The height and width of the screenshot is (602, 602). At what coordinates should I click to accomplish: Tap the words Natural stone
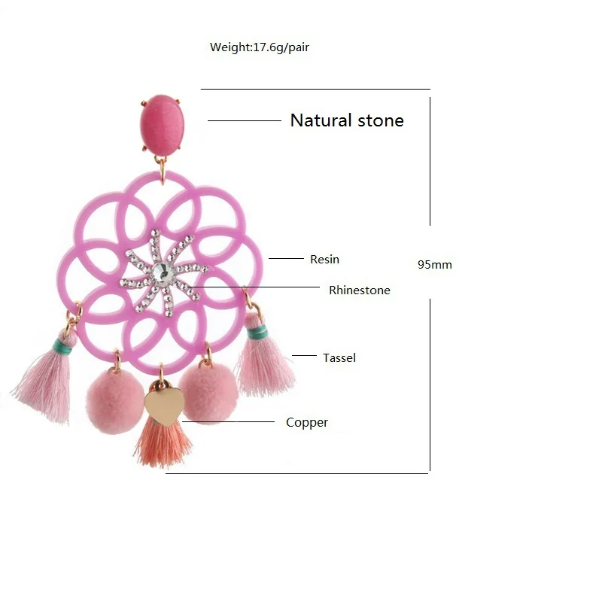tap(347, 120)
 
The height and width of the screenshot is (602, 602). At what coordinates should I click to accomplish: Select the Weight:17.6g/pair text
tap(260, 47)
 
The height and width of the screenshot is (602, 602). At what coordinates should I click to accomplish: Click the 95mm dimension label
tap(435, 265)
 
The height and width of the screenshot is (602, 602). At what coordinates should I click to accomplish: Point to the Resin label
tap(324, 260)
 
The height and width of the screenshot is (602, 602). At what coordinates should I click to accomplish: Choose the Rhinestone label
tap(360, 290)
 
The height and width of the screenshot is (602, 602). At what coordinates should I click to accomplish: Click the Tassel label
tap(339, 358)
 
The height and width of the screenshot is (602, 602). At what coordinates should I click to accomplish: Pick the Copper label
tap(307, 423)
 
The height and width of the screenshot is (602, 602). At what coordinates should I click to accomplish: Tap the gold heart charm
tap(164, 406)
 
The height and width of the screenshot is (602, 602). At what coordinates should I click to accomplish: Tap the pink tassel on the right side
tap(265, 366)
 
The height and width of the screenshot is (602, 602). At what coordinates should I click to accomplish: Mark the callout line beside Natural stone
tap(244, 120)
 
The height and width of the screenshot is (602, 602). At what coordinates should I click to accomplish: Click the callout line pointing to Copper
tap(233, 422)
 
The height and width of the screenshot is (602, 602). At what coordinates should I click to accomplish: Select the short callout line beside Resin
tap(285, 259)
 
